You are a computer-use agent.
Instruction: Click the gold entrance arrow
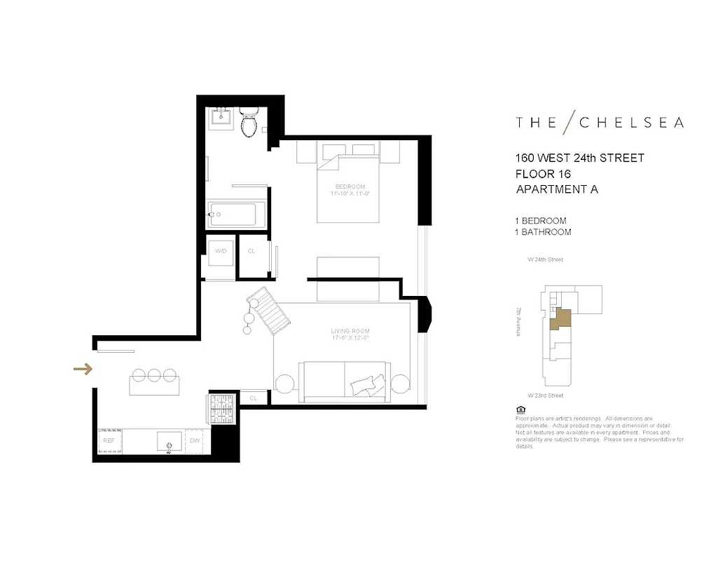click(x=83, y=369)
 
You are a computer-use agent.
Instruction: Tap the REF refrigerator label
click(x=109, y=440)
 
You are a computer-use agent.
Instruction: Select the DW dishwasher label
click(x=195, y=440)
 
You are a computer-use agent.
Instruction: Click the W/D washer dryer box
click(x=220, y=250)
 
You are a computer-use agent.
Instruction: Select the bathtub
click(x=237, y=215)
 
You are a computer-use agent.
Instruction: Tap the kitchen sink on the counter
click(x=169, y=441)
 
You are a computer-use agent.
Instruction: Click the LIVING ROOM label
click(x=350, y=331)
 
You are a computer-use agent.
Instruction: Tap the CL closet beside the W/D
click(x=251, y=250)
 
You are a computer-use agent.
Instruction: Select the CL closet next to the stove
click(x=254, y=398)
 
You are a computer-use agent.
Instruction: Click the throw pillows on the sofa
click(x=367, y=384)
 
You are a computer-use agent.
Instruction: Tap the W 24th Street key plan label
click(x=545, y=259)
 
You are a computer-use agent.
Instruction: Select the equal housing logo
click(x=520, y=410)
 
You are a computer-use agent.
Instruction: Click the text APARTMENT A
click(x=557, y=189)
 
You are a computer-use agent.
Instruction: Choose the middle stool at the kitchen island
click(x=154, y=375)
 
